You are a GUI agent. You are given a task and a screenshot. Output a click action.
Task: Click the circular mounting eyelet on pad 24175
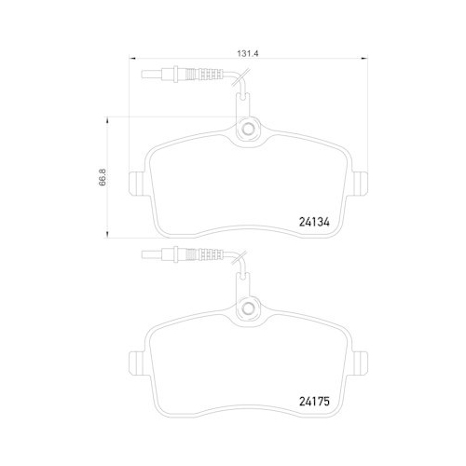pyautogui.click(x=249, y=309)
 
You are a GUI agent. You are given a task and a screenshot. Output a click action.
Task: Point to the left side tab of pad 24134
pyautogui.click(x=135, y=185)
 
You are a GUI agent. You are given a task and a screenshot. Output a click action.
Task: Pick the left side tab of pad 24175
pyautogui.click(x=135, y=363)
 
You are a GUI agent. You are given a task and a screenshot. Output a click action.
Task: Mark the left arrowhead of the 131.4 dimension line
pyautogui.click(x=130, y=60)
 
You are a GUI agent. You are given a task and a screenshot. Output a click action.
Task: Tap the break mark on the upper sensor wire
pyautogui.click(x=240, y=82)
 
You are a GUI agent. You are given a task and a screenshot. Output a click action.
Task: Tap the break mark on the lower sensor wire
pyautogui.click(x=240, y=260)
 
